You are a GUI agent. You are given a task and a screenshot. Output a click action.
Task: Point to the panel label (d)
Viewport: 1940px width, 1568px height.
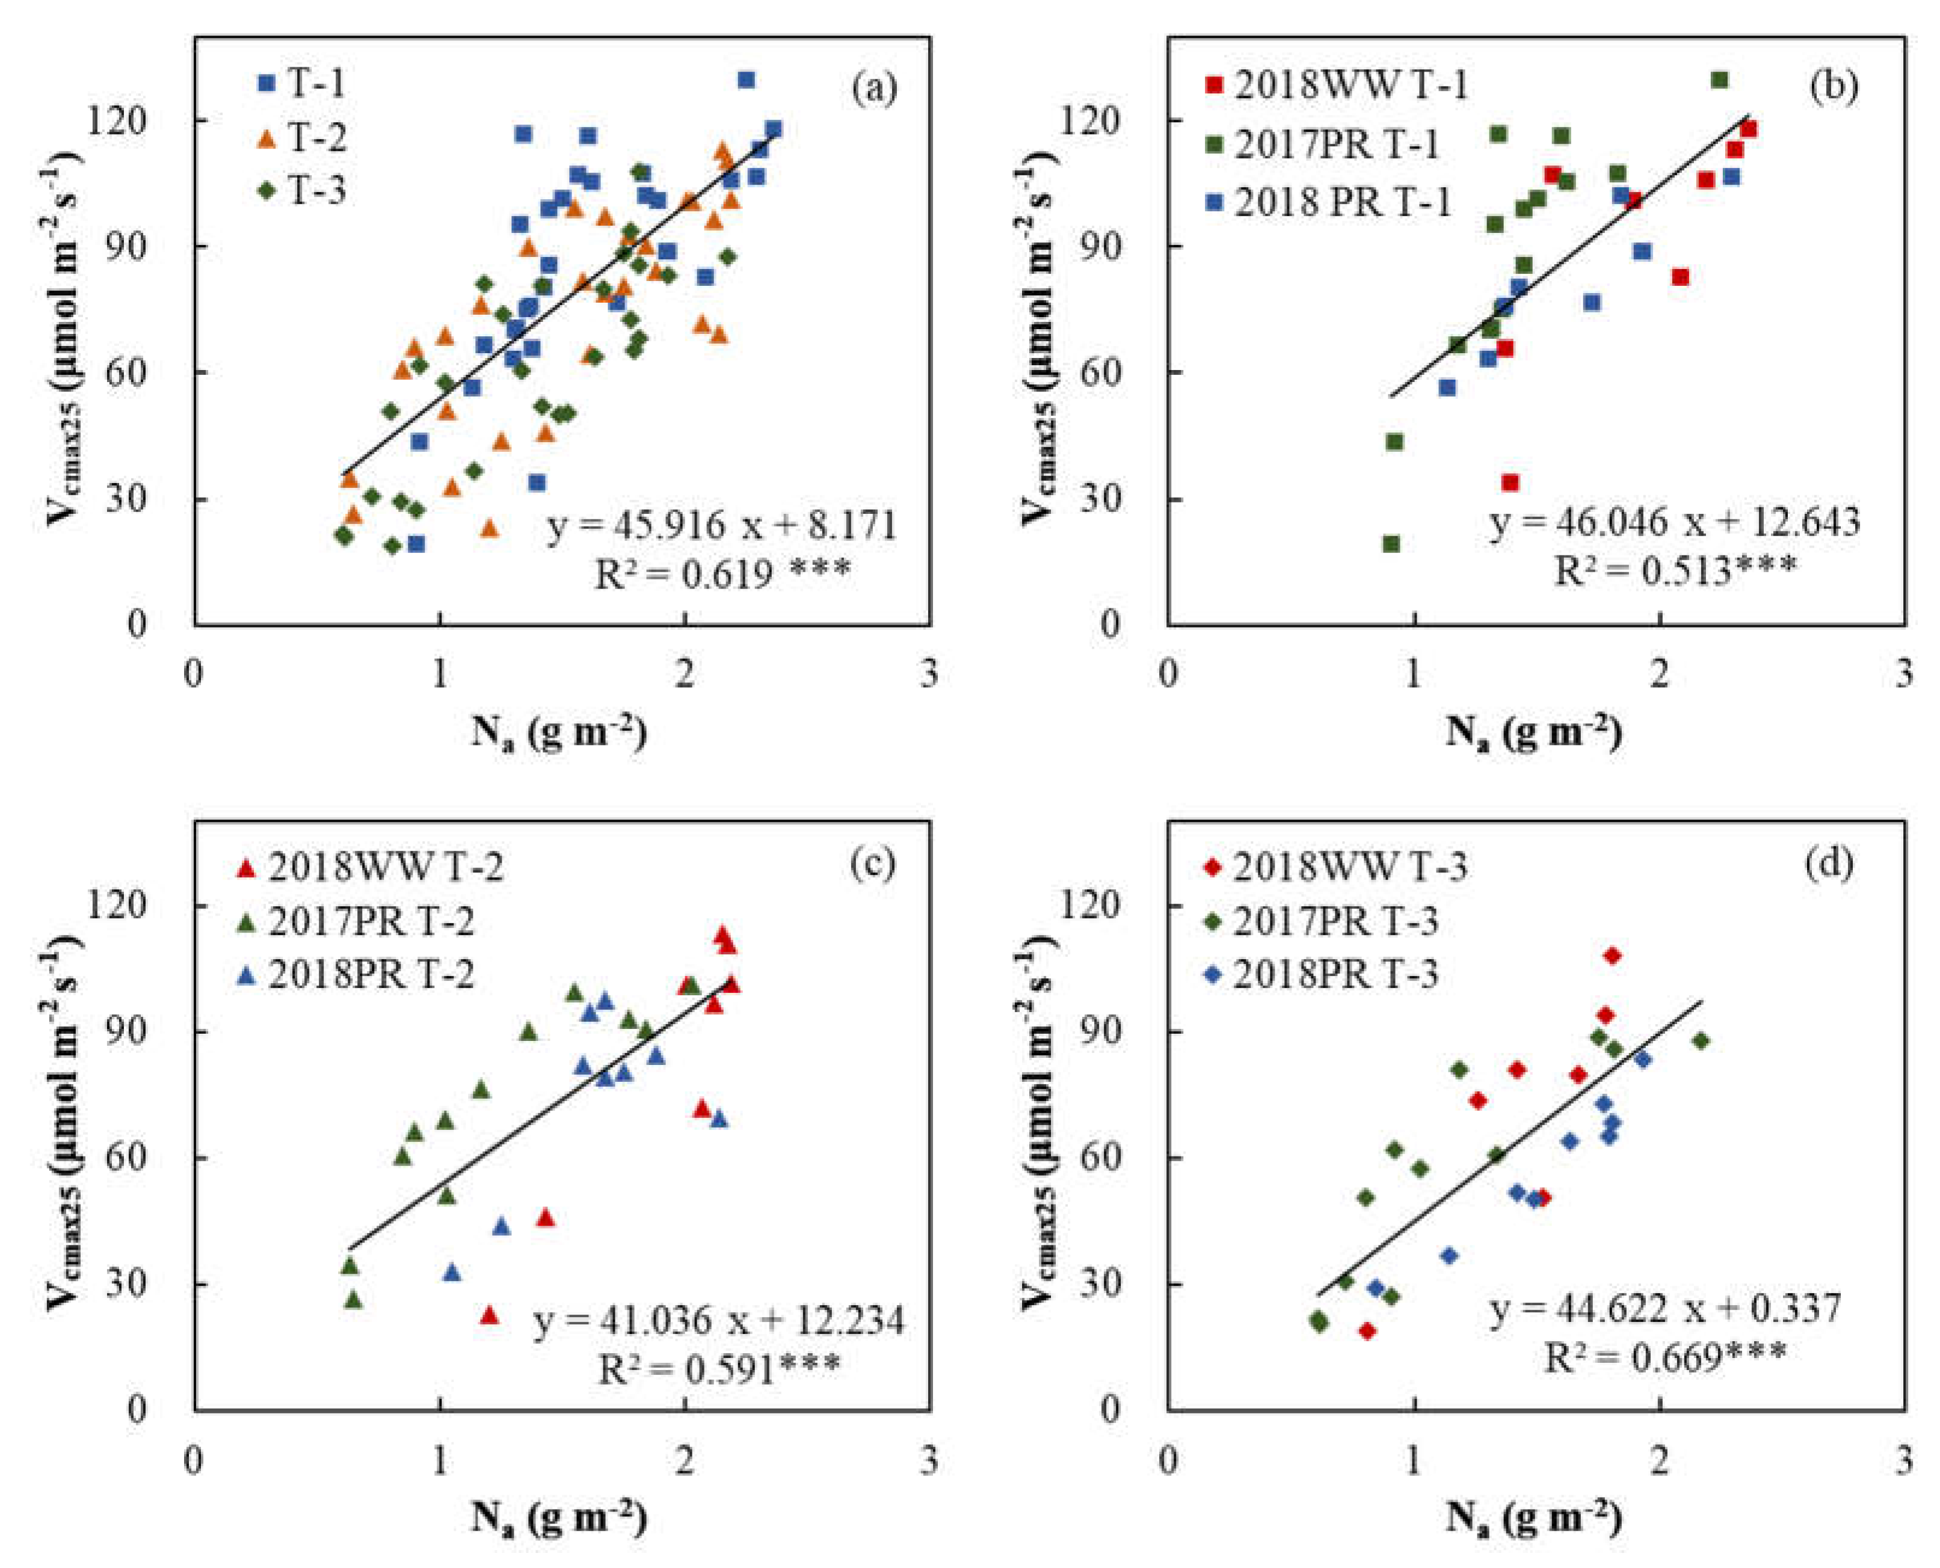click(x=1829, y=865)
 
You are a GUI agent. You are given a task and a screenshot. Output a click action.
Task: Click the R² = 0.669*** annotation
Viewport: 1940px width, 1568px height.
click(x=1664, y=1357)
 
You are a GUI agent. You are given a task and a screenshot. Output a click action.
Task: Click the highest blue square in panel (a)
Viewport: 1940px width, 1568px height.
click(x=746, y=81)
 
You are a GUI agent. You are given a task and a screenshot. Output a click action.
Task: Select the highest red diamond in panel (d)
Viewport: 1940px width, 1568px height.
click(x=1612, y=955)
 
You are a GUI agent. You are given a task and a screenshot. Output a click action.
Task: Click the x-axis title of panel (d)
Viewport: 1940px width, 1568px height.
click(x=1533, y=1518)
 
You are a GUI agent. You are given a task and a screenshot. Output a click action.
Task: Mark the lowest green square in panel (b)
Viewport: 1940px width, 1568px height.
click(x=1391, y=544)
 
